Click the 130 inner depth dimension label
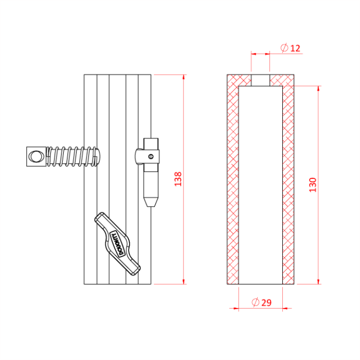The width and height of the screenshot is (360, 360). [313, 184]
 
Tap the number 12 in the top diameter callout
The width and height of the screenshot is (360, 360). [295, 48]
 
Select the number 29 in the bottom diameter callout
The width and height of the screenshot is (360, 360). [266, 302]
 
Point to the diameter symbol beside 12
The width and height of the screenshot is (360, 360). [284, 48]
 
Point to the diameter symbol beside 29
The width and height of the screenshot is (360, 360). [255, 302]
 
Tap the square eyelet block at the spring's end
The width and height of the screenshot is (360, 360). [35, 156]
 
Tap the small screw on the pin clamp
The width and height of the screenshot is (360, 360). [150, 155]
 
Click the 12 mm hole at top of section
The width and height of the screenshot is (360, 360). [260, 80]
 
